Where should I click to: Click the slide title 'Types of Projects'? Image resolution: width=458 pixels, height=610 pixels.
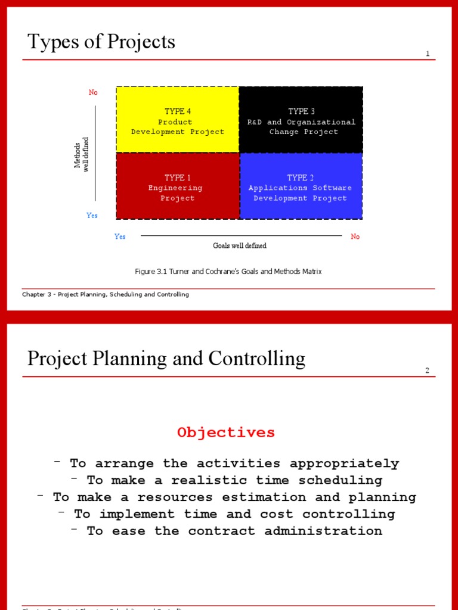coord(101,42)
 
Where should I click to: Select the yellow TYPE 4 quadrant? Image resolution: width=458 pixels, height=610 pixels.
coord(178,120)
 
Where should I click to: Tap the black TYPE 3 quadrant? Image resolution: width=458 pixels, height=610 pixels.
coord(301,120)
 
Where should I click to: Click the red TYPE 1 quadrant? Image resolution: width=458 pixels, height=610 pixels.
coord(178,186)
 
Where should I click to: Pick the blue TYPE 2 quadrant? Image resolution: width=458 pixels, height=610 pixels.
coord(301,186)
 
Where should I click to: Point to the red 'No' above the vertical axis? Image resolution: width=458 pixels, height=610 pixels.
coord(93,92)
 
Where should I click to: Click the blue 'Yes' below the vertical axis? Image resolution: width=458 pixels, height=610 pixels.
coord(92,216)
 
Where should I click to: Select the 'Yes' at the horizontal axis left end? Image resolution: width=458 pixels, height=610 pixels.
coord(120,236)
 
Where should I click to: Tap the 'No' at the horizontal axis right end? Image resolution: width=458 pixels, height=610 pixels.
coord(355,236)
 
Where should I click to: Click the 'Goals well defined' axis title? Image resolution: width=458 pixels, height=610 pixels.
coord(240,245)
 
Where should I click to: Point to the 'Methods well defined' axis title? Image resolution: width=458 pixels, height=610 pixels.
coord(81,154)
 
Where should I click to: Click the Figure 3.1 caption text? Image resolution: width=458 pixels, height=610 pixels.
coord(228,272)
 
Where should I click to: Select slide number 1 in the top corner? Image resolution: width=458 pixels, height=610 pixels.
coord(427,54)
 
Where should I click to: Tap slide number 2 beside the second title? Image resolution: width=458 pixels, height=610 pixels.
coord(427,371)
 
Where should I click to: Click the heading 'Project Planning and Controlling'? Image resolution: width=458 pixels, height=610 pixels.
coord(166,359)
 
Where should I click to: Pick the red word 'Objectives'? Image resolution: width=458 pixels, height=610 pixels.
coord(226,432)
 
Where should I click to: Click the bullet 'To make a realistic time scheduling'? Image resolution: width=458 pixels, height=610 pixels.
coord(234,480)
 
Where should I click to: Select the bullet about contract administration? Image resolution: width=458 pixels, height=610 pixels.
coord(234,531)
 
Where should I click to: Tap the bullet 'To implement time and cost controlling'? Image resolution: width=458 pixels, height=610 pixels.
coord(234,514)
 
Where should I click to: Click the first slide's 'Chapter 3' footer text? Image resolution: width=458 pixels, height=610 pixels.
coord(106,294)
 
